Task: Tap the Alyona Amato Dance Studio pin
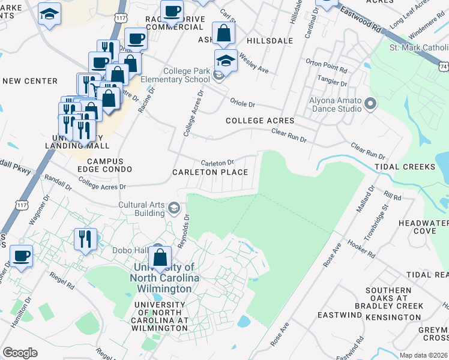[x=370, y=105]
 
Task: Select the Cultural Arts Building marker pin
[x=174, y=208]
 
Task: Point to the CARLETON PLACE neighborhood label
[x=210, y=172]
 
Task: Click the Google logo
[x=20, y=353]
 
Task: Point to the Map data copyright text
[x=423, y=355]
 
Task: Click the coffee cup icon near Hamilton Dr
[x=22, y=256]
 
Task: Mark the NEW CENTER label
[x=30, y=81]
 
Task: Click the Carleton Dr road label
[x=217, y=163]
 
